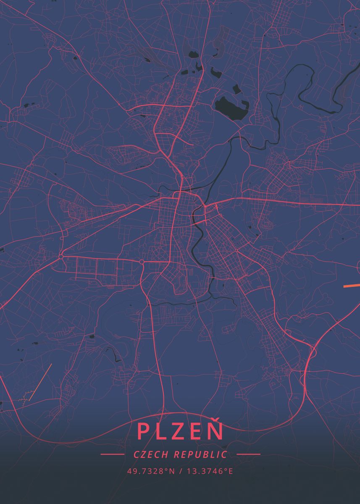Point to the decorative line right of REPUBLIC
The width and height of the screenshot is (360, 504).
point(248,454)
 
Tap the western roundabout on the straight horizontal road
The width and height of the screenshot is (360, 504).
point(61,256)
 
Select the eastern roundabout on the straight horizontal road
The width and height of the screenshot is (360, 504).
point(142,262)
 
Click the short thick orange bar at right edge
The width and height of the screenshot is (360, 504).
point(352,286)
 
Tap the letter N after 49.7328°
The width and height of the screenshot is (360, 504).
point(171,471)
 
